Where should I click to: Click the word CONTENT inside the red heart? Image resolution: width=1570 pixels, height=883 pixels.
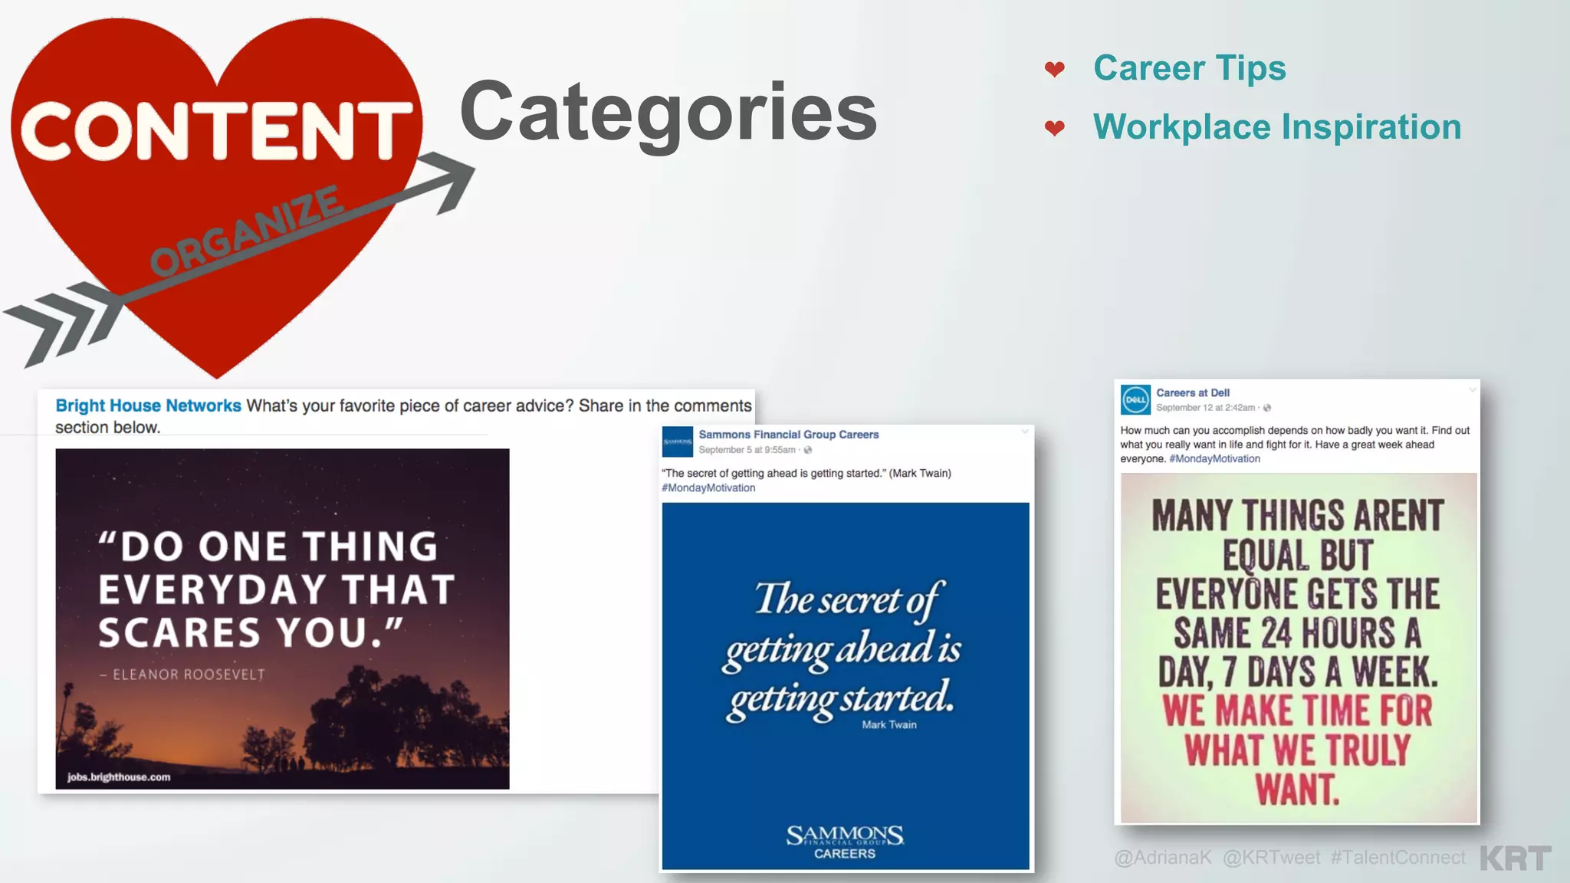click(217, 131)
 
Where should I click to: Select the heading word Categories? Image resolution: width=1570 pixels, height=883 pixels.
click(668, 113)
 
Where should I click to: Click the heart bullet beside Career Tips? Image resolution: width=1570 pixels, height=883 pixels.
click(1055, 70)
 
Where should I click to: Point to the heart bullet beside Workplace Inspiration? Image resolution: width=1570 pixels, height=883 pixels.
click(1055, 128)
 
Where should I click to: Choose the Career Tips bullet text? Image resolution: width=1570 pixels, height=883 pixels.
click(1189, 68)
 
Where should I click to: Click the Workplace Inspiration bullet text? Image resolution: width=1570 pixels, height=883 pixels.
click(1277, 127)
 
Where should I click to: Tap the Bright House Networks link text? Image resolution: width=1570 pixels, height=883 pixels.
click(148, 405)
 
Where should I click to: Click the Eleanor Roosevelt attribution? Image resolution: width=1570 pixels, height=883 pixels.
click(183, 675)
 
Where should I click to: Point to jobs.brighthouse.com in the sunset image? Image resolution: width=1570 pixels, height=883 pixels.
click(119, 777)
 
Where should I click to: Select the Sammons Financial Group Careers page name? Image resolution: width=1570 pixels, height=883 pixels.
click(788, 435)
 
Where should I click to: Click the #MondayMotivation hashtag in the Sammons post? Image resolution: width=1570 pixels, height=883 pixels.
click(708, 488)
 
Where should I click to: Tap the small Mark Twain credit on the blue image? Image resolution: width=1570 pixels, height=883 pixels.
click(888, 725)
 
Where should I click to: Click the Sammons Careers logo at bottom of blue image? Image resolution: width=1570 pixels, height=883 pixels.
click(845, 842)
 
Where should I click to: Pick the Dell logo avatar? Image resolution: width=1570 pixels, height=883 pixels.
click(1135, 399)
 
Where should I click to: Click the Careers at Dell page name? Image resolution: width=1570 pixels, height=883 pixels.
click(1193, 392)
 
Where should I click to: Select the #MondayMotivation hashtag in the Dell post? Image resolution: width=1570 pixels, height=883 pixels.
click(1214, 459)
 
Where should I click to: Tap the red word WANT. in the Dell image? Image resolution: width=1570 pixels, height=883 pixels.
click(1297, 789)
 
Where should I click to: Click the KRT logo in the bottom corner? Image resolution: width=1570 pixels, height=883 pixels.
click(1516, 858)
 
